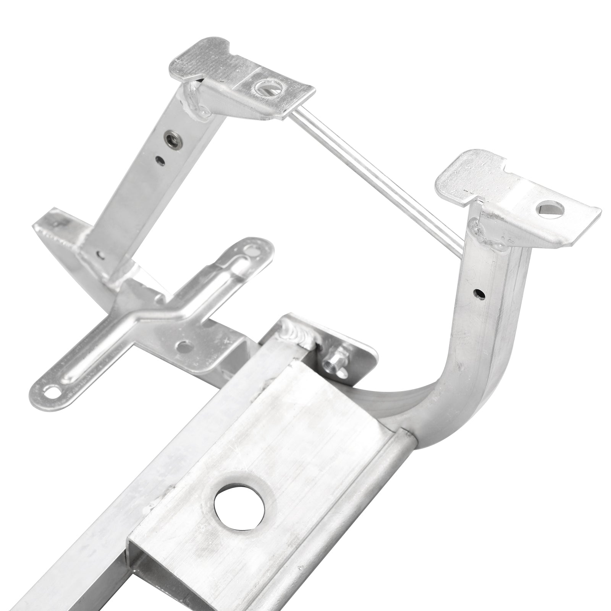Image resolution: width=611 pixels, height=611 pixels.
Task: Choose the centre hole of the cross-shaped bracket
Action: point(184,347)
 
